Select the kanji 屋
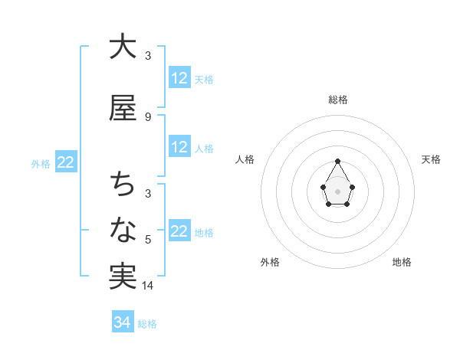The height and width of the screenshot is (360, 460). tap(122, 109)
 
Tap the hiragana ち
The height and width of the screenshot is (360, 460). tap(122, 185)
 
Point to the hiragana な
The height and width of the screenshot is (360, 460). tap(122, 229)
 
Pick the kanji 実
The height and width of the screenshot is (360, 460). tap(122, 275)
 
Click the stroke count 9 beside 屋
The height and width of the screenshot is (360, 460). tap(148, 116)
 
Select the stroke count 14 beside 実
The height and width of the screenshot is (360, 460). tap(148, 286)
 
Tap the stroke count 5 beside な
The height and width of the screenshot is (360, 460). tap(148, 240)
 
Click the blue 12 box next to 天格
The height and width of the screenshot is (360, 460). tap(179, 77)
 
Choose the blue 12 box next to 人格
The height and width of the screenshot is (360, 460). tap(179, 147)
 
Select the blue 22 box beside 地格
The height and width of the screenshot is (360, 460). tap(179, 231)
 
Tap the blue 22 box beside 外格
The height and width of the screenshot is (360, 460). tap(65, 162)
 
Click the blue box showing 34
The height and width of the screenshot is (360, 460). tap(122, 322)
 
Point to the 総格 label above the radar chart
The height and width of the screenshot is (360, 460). tap(337, 100)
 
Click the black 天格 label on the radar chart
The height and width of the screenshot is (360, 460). tap(431, 159)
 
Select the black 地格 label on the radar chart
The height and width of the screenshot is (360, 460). tap(402, 262)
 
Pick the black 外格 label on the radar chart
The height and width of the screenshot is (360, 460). tap(270, 262)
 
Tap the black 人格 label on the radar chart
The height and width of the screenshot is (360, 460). tap(245, 159)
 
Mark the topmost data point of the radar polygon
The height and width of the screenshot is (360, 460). tap(337, 161)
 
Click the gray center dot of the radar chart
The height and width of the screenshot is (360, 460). tap(337, 190)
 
